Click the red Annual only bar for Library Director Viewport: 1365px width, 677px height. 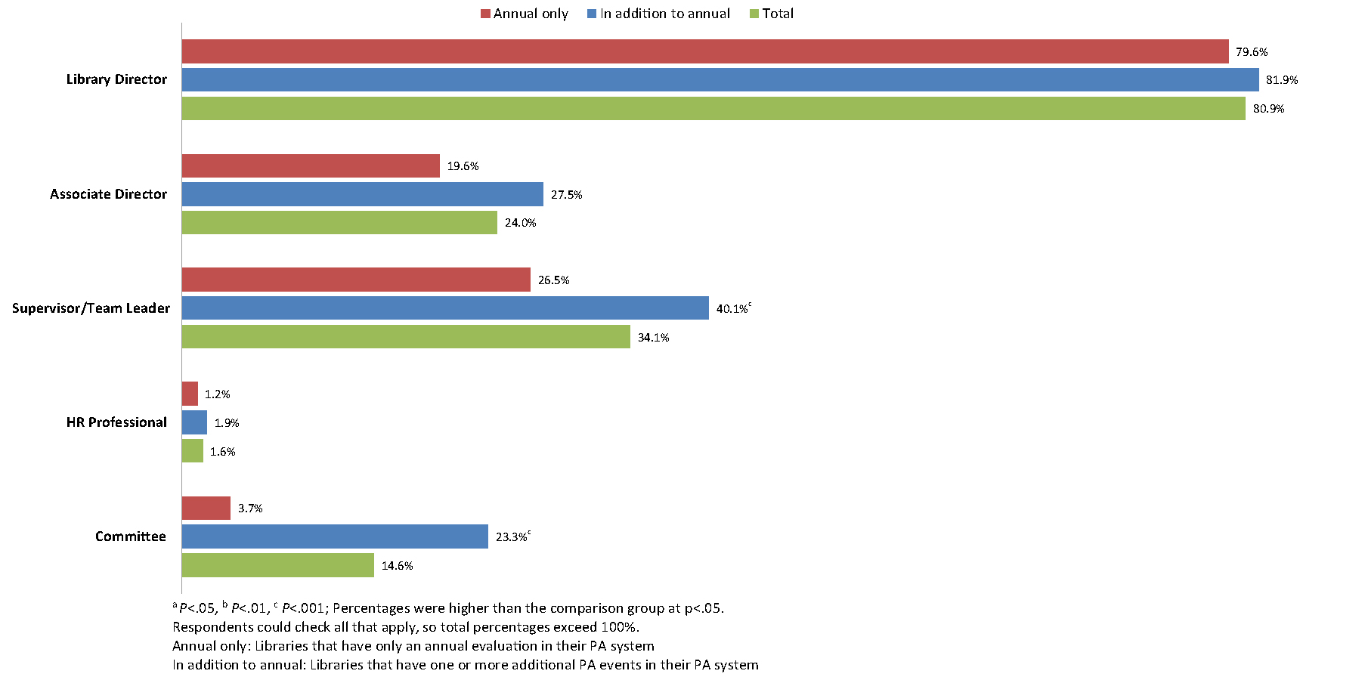tap(704, 51)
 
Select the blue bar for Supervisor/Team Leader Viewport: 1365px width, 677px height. tap(445, 308)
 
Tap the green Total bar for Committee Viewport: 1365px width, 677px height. tap(277, 565)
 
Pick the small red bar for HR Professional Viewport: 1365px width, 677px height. tap(190, 394)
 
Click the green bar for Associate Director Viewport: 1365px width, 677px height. tap(339, 223)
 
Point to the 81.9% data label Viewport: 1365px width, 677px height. tap(1282, 80)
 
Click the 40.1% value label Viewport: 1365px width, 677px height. tap(732, 309)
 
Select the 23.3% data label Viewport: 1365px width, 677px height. tap(511, 537)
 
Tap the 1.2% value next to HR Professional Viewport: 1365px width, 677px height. tap(218, 394)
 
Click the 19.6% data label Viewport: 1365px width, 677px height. tap(463, 166)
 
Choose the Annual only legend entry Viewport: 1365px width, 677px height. tap(524, 14)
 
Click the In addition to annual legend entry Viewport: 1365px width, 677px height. tap(658, 14)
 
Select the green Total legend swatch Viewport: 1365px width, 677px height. tap(754, 14)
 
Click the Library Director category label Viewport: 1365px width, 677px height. tap(116, 79)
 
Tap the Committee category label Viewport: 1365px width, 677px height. tap(130, 536)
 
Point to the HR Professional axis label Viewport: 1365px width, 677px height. tap(116, 422)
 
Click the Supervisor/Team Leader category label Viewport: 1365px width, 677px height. tap(91, 308)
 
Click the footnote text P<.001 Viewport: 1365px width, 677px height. tap(302, 608)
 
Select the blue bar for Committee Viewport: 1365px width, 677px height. tap(335, 536)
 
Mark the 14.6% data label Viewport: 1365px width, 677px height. tap(397, 566)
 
